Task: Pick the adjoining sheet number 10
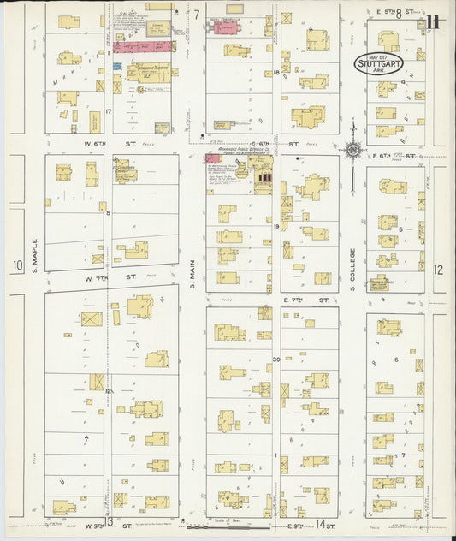[x=16, y=267]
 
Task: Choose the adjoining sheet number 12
[x=438, y=269]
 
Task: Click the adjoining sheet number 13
[x=108, y=521]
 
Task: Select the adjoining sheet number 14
[x=321, y=523]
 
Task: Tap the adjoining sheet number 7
[x=195, y=15]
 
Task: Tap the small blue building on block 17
[x=117, y=66]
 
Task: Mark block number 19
[x=276, y=226]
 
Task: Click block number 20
[x=275, y=360]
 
